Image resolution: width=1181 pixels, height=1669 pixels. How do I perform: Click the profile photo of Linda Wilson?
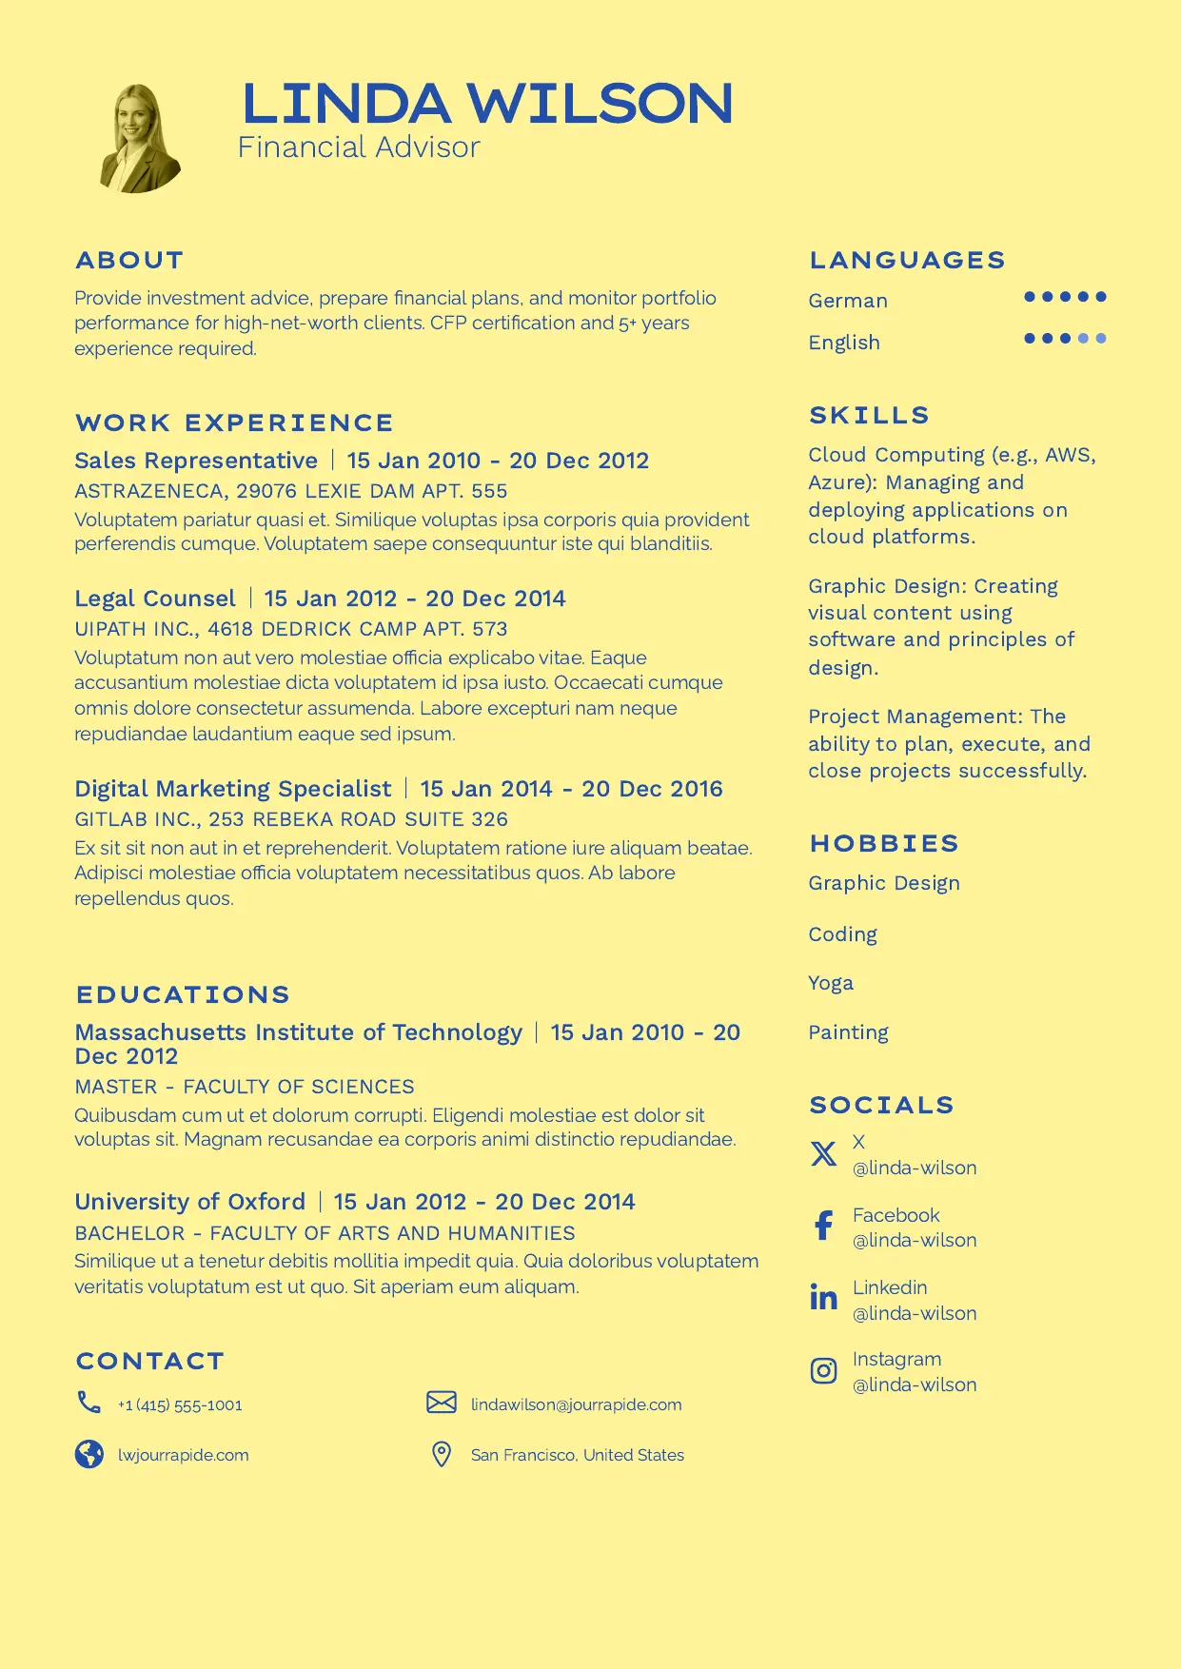click(140, 139)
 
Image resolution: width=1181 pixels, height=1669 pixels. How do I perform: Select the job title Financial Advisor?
click(358, 147)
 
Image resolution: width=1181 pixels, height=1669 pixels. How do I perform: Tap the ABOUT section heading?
click(129, 260)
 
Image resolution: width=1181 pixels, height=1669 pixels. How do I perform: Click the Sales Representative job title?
click(196, 461)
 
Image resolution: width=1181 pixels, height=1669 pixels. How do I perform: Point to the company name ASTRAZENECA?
click(149, 491)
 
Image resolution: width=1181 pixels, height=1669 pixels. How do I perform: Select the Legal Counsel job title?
click(155, 599)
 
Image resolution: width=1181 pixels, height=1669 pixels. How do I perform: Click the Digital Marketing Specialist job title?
click(233, 789)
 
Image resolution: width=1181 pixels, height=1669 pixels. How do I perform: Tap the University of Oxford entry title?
click(190, 1202)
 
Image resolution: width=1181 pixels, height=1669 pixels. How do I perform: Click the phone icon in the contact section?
click(89, 1402)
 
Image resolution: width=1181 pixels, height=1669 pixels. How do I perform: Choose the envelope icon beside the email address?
click(442, 1403)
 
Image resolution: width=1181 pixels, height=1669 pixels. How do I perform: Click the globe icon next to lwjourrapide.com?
click(89, 1454)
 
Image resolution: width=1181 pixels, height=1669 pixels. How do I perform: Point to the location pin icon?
click(442, 1454)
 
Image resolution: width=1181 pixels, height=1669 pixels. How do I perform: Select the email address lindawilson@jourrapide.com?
click(576, 1404)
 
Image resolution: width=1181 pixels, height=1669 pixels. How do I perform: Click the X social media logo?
click(823, 1153)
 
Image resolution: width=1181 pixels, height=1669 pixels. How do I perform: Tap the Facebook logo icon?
click(823, 1226)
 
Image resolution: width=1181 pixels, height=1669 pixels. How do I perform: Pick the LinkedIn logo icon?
click(823, 1297)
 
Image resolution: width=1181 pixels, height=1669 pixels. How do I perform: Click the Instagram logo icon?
click(823, 1370)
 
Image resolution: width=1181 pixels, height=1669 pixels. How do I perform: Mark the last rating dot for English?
click(1101, 338)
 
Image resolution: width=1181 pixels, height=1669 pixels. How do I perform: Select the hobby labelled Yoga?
click(831, 983)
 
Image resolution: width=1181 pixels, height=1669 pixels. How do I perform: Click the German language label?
click(848, 301)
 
